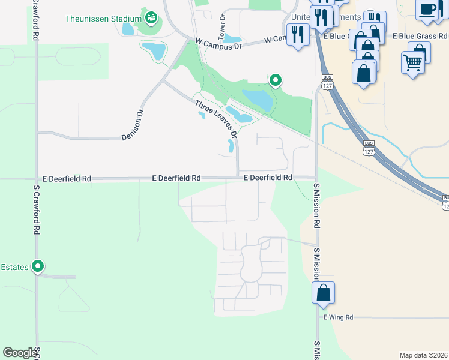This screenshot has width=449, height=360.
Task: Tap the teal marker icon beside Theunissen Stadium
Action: pos(151,17)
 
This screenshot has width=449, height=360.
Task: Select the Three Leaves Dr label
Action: pos(216,119)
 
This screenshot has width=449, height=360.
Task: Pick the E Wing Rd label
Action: pos(339,317)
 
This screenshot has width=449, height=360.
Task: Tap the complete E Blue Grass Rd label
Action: pos(420,36)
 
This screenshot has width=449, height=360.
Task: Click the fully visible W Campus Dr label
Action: pos(218,44)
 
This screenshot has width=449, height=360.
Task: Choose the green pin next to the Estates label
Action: pos(38,265)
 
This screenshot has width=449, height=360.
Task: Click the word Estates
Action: pos(15,267)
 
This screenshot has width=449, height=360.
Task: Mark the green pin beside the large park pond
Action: pos(276,79)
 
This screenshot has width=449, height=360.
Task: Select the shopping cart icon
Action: pos(412,62)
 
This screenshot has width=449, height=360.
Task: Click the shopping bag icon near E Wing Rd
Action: pos(323,293)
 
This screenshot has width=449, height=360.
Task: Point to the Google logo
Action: pos(20,353)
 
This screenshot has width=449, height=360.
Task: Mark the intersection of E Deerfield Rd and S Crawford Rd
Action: pos(36,179)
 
